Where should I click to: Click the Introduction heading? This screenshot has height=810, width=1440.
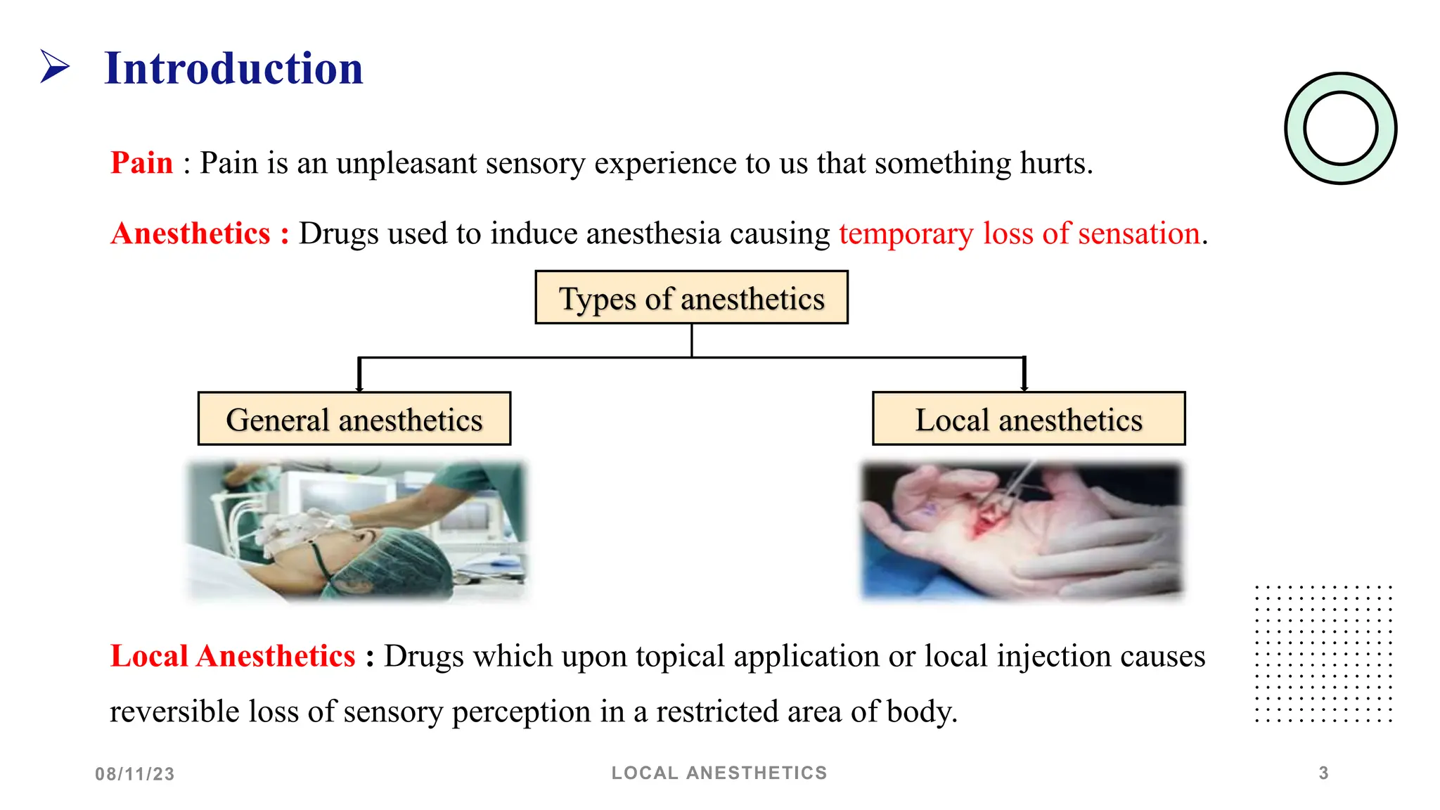pyautogui.click(x=233, y=69)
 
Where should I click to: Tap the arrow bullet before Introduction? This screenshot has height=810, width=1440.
pyautogui.click(x=55, y=67)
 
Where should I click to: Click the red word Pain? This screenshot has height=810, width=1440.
pyautogui.click(x=141, y=163)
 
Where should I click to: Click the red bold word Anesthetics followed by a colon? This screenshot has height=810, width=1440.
pyautogui.click(x=191, y=233)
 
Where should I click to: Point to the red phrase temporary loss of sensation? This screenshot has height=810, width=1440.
pyautogui.click(x=1019, y=233)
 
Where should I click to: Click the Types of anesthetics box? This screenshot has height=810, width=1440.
pyautogui.click(x=691, y=297)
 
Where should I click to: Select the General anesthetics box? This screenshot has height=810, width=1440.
pyautogui.click(x=354, y=419)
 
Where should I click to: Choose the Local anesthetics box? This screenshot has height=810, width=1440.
pyautogui.click(x=1029, y=419)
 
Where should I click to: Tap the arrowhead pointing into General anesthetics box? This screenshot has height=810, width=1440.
pyautogui.click(x=359, y=387)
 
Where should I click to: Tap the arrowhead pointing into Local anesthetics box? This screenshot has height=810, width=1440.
pyautogui.click(x=1024, y=387)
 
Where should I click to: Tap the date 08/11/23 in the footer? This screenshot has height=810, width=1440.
pyautogui.click(x=135, y=774)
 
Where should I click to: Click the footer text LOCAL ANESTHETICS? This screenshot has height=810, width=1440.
pyautogui.click(x=719, y=773)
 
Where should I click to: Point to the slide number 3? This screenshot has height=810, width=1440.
pyautogui.click(x=1323, y=773)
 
